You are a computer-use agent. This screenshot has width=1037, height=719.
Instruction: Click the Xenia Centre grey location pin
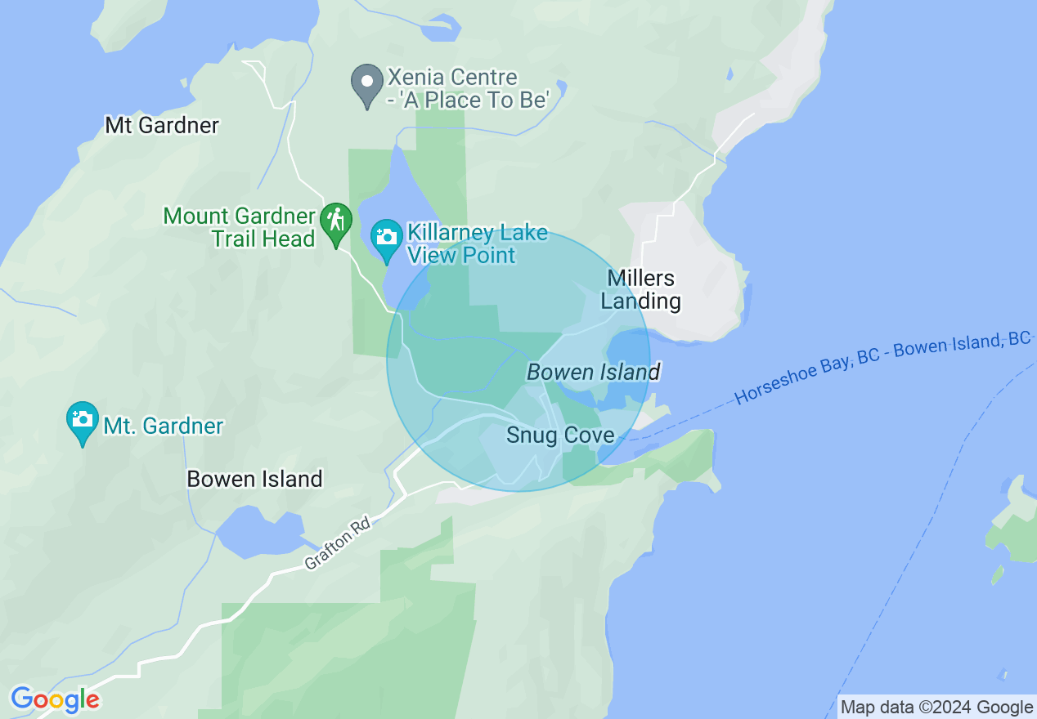pos(367,85)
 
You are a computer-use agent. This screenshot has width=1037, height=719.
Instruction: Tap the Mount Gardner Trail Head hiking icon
pos(335,223)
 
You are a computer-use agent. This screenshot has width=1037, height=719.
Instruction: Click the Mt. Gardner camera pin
pos(82,422)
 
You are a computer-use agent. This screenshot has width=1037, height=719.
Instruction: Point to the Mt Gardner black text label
pos(162,125)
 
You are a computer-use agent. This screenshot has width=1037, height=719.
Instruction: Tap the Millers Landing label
pos(641,289)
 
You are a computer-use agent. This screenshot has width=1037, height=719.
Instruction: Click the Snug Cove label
pos(560,435)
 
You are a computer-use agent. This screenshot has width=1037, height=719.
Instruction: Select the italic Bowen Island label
pos(593,373)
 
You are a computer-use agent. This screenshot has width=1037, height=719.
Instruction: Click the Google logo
pos(55,700)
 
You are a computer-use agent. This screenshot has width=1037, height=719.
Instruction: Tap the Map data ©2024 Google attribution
pos(936,707)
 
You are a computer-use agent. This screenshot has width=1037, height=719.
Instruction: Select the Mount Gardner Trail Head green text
pos(239,227)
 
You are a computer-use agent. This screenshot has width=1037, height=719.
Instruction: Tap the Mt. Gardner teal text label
pos(163,426)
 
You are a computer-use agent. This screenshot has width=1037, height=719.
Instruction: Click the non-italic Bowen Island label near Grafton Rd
pos(254,479)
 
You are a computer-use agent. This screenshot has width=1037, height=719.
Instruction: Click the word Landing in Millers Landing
pos(641,301)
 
